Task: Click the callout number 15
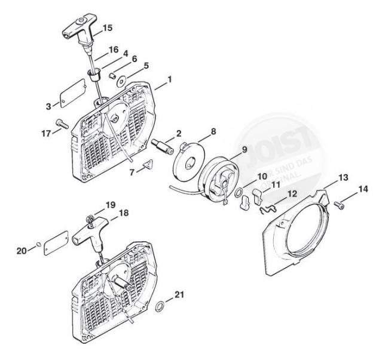coord(108,28)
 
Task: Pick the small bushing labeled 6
coord(111,75)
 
